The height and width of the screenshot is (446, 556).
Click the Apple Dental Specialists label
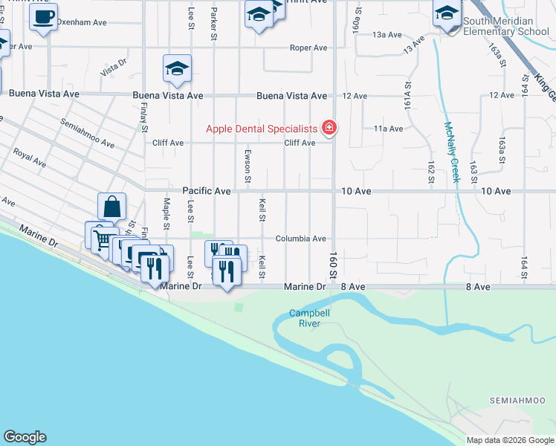tap(261, 129)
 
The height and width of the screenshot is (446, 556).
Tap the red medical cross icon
tap(329, 129)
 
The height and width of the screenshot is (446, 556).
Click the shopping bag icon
tap(111, 206)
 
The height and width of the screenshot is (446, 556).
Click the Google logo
tap(25, 437)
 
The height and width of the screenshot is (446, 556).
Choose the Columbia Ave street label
tap(301, 239)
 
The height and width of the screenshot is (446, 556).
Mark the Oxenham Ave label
tap(83, 22)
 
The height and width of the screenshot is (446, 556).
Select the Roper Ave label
tap(308, 48)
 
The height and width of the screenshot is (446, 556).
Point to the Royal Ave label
tap(30, 157)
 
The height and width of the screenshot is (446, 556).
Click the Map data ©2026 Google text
tap(510, 440)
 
